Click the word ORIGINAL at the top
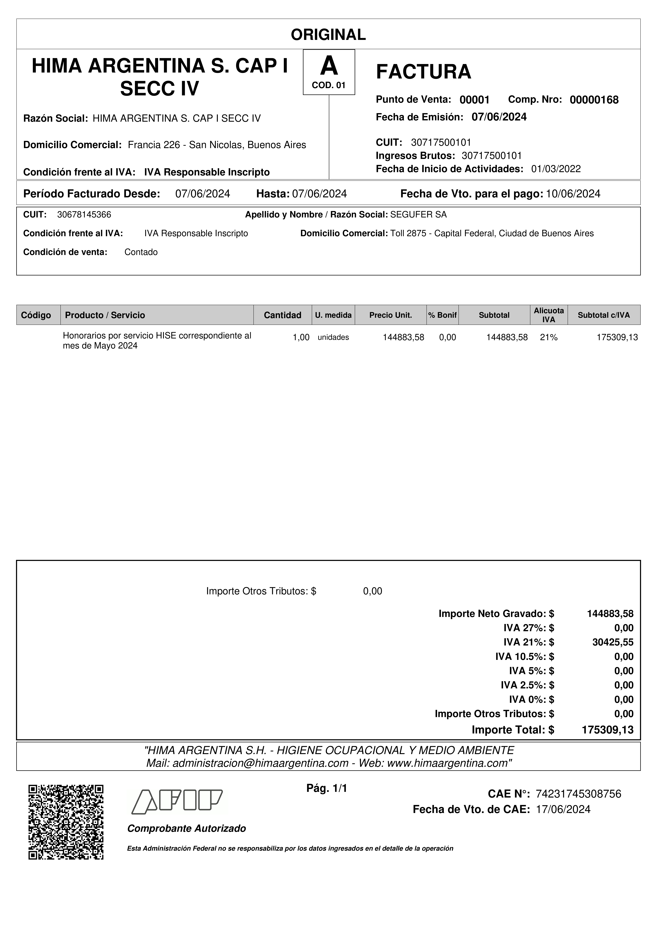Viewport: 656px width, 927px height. [x=328, y=35]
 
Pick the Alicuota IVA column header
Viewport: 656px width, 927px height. [x=548, y=315]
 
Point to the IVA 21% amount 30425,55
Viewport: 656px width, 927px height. [x=613, y=642]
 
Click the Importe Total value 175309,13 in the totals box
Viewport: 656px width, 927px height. [x=607, y=730]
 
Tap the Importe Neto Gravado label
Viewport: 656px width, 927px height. [x=492, y=614]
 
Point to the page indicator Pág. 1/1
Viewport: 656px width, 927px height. [x=327, y=788]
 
